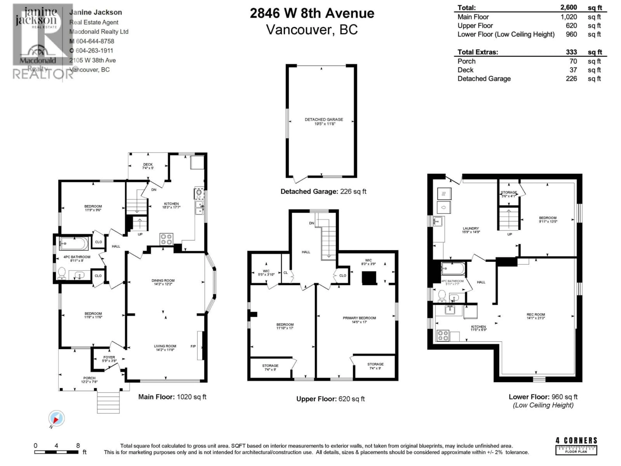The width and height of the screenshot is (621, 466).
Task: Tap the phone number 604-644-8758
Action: click(95, 41)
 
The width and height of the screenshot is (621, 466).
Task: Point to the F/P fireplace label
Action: click(193, 346)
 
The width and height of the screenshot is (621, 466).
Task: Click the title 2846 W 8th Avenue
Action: click(312, 13)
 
